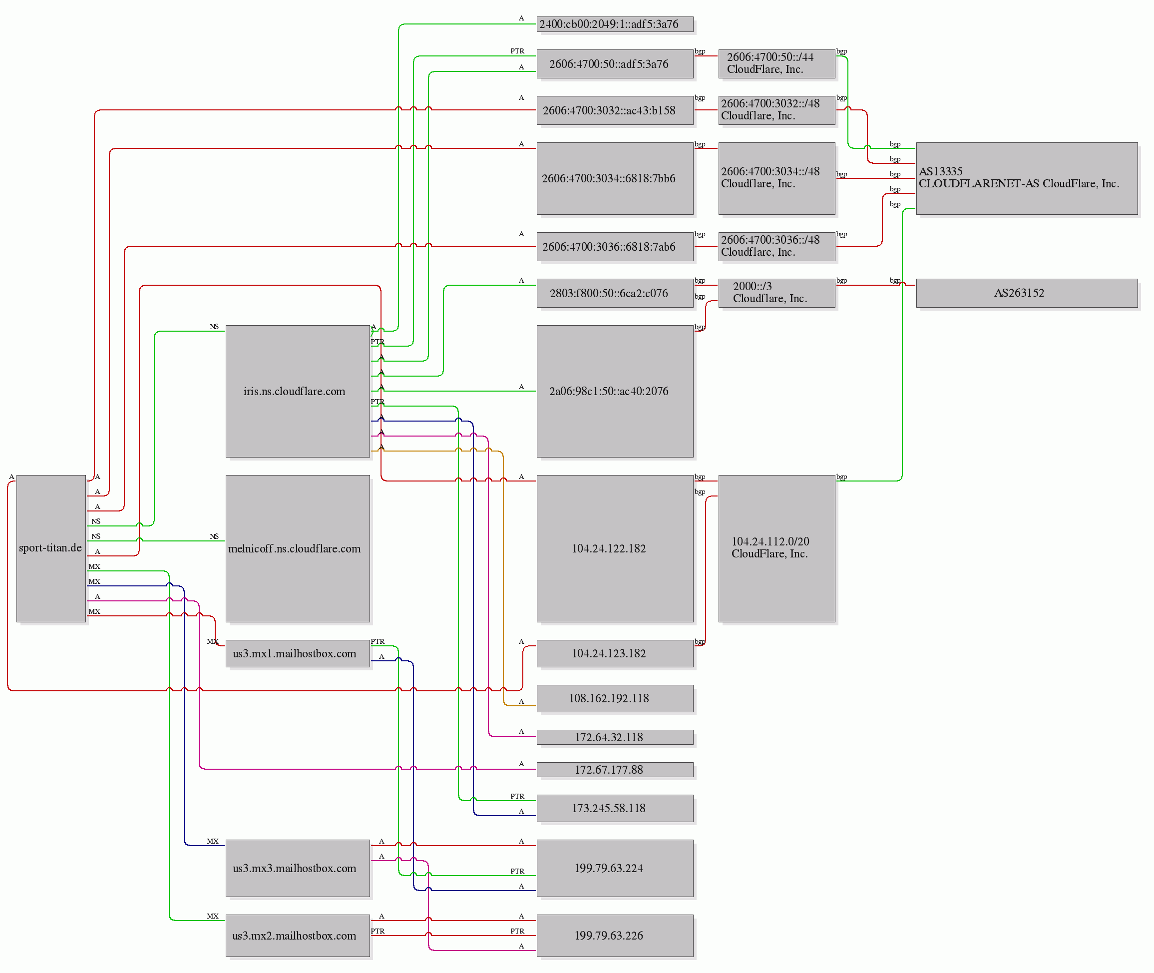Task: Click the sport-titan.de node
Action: [51, 548]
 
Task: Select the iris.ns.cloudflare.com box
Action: [298, 391]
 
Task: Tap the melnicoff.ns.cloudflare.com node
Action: [298, 548]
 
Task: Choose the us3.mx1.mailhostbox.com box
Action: [298, 654]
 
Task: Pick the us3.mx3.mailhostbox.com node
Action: [298, 868]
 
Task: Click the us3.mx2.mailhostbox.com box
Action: [298, 936]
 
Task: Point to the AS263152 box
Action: [1027, 293]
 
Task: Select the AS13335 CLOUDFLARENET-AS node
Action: [1027, 178]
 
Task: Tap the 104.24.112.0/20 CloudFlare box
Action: [776, 548]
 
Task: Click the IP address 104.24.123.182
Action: [615, 654]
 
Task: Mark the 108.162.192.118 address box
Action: [615, 698]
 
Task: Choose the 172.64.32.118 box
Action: [615, 737]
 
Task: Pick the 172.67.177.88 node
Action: [615, 770]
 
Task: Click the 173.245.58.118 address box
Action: [615, 808]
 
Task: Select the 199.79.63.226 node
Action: [615, 936]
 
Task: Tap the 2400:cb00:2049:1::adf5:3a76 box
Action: [615, 24]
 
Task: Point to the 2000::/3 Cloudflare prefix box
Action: [776, 293]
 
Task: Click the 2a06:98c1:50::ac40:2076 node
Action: [615, 391]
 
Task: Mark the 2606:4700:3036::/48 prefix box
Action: [776, 246]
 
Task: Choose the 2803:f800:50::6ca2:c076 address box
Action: [615, 293]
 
